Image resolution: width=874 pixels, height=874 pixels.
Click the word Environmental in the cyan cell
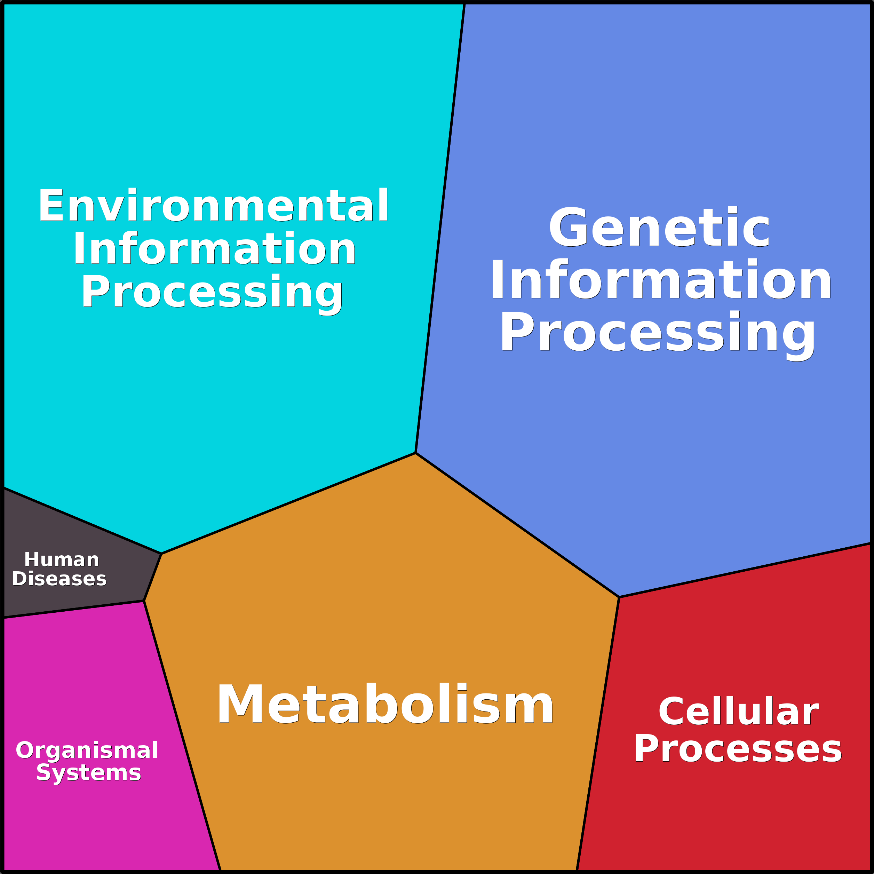click(x=213, y=206)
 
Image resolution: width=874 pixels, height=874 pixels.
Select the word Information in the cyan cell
click(x=214, y=249)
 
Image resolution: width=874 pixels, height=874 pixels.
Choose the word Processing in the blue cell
click(x=657, y=333)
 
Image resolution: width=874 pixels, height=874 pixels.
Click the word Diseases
click(x=59, y=579)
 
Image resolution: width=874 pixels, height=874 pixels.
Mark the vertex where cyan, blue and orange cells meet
click(x=415, y=453)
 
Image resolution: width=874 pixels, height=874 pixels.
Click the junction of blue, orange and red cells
click(x=619, y=597)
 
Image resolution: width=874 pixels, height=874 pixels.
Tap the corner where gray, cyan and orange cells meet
click(x=161, y=553)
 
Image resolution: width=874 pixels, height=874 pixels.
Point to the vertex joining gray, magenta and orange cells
click(x=144, y=601)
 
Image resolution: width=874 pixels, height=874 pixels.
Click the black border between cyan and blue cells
click(x=440, y=226)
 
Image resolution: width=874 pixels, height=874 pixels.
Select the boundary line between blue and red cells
click(x=746, y=570)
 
